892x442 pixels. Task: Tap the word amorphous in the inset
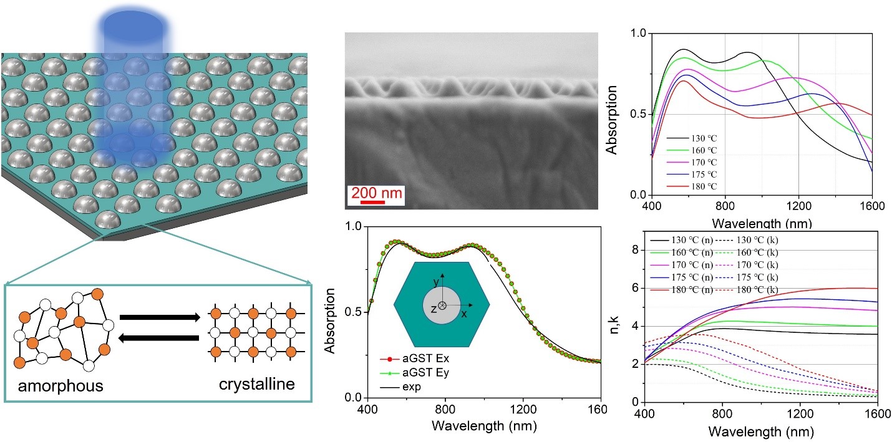pos(61,387)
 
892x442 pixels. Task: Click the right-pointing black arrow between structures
pos(160,317)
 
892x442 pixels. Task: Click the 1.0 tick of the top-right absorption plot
pos(637,33)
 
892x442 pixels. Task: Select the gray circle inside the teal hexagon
pos(442,305)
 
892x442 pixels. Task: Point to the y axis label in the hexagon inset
pos(435,282)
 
